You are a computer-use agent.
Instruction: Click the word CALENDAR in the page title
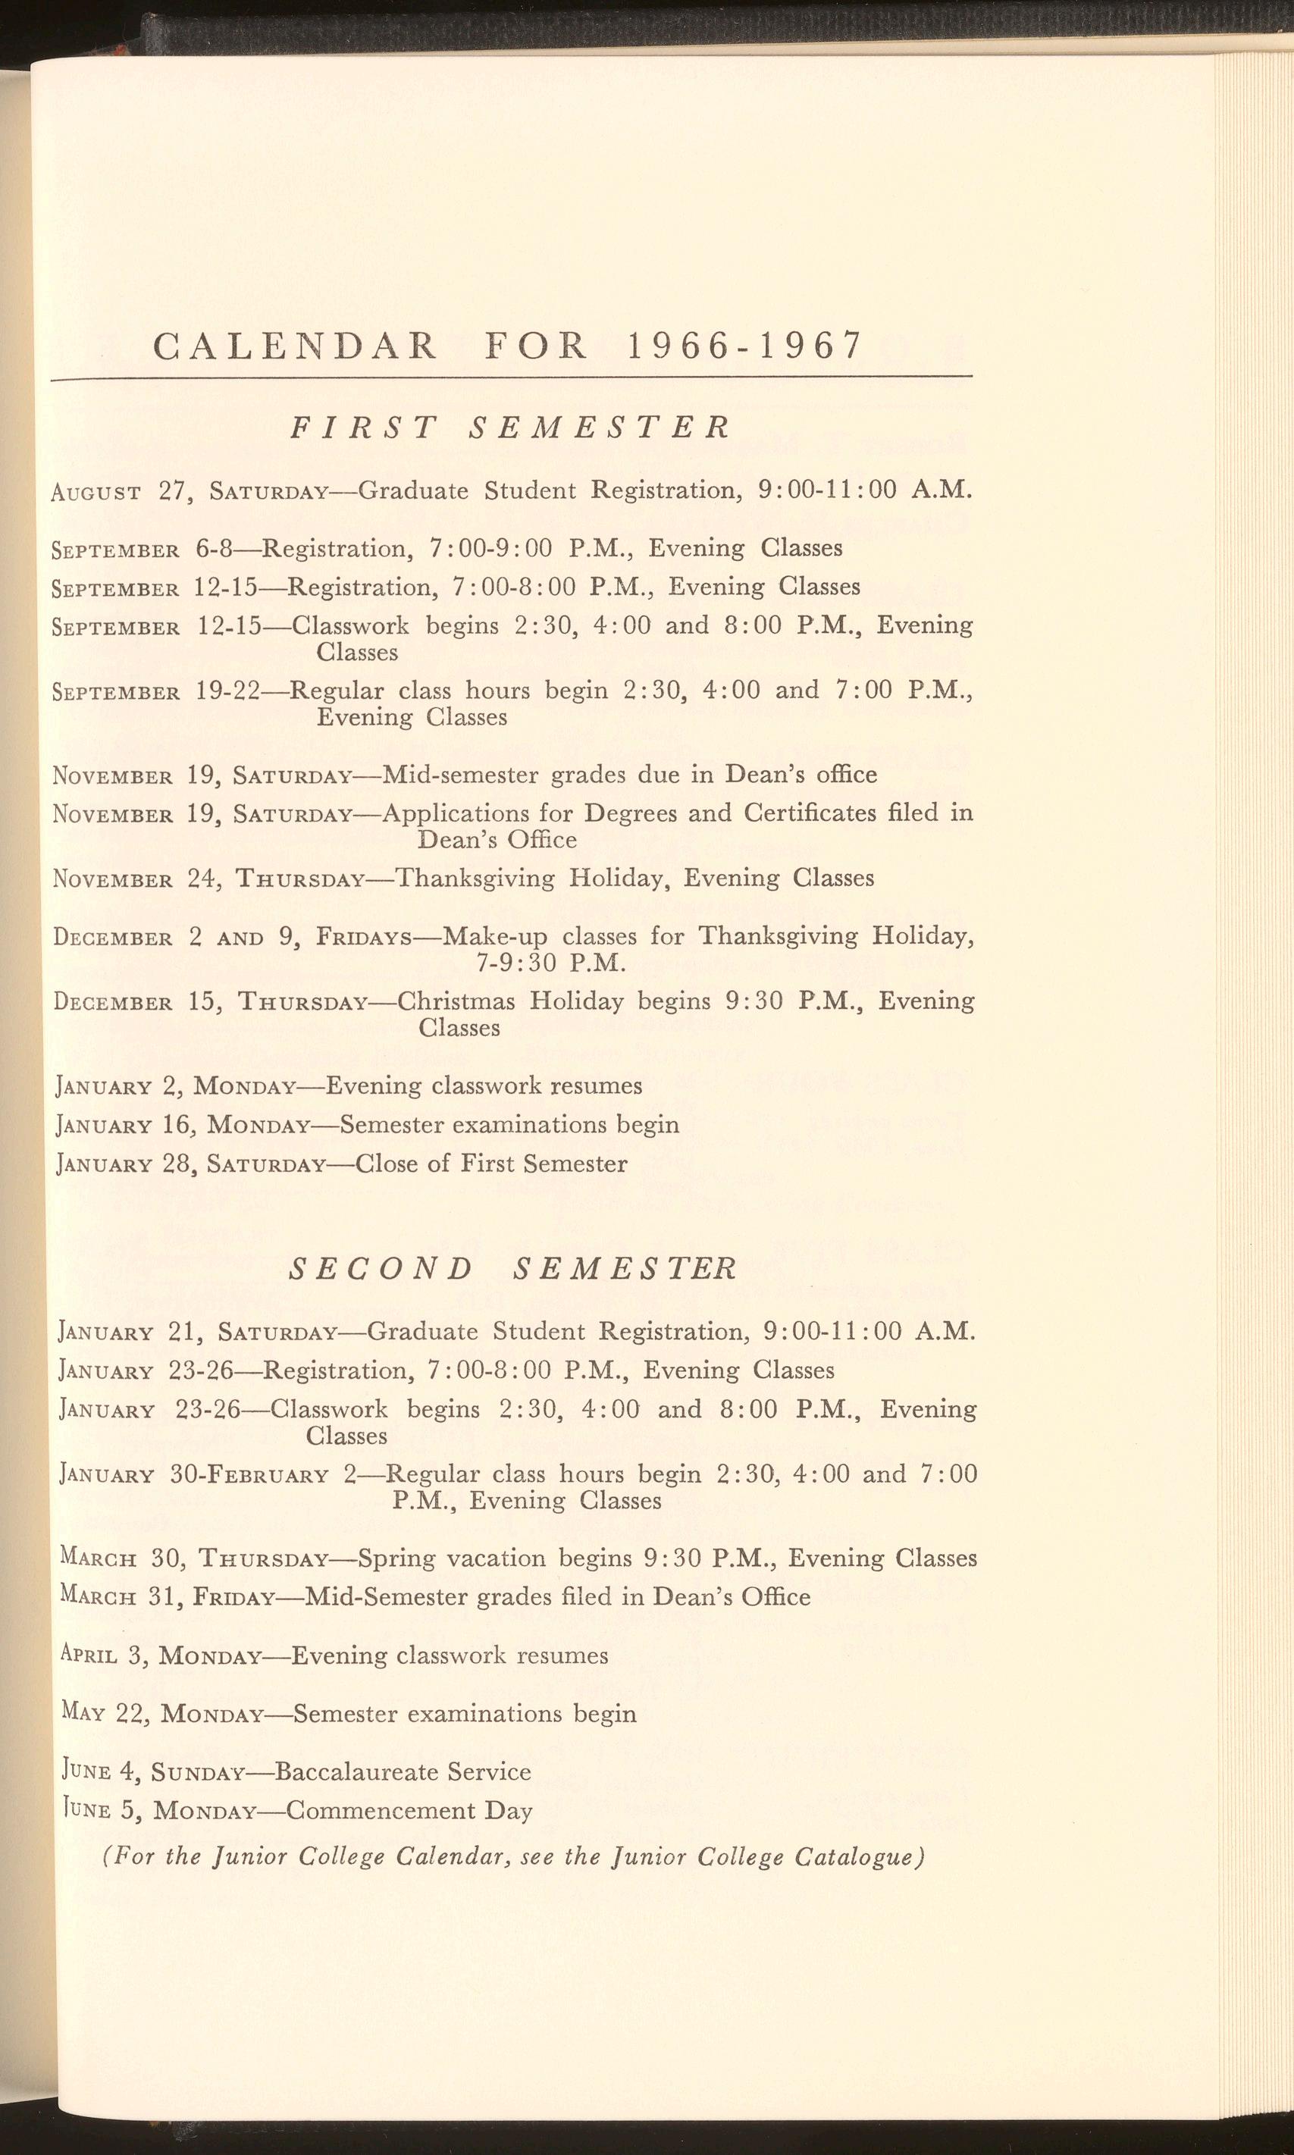tap(295, 346)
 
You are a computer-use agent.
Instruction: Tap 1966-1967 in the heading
tap(744, 346)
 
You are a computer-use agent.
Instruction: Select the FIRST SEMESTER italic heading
tap(510, 428)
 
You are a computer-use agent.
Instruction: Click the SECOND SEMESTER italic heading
tap(512, 1267)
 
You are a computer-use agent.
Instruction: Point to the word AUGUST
tap(96, 492)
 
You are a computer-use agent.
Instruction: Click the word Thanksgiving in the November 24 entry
tap(475, 878)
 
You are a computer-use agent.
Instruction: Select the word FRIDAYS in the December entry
tap(364, 937)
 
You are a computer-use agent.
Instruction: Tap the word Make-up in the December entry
tap(495, 936)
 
